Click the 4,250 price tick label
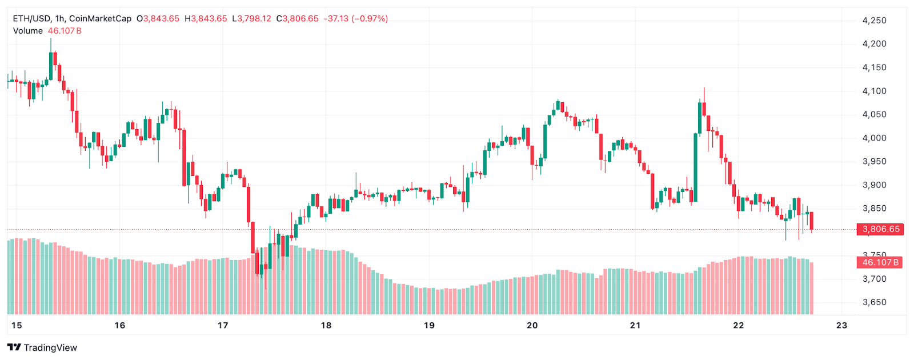click(874, 21)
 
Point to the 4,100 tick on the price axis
click(874, 91)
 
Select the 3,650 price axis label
click(874, 302)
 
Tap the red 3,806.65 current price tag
click(880, 229)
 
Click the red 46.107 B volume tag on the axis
click(880, 262)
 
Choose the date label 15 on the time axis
click(17, 325)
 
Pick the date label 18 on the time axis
click(326, 325)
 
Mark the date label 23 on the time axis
click(841, 325)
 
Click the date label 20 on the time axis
click(532, 325)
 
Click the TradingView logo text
click(50, 347)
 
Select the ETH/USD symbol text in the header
click(31, 18)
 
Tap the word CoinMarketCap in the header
click(100, 18)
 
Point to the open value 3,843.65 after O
click(161, 18)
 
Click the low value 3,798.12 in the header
click(254, 18)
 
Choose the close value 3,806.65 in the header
click(300, 18)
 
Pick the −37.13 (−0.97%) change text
click(356, 18)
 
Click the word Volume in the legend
click(28, 31)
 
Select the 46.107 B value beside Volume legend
click(65, 31)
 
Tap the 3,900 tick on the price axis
click(874, 185)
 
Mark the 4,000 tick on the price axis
click(874, 138)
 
